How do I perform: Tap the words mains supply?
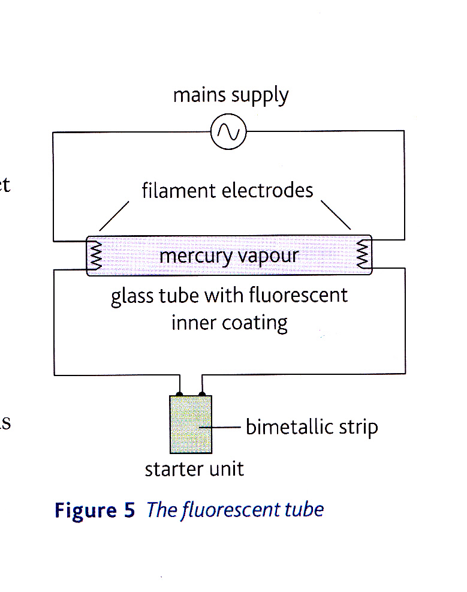click(231, 96)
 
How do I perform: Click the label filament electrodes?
click(227, 191)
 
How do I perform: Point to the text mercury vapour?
click(228, 256)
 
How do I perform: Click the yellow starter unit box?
click(191, 424)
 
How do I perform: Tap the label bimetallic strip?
click(312, 427)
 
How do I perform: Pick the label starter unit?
click(194, 468)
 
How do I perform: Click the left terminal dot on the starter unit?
click(179, 394)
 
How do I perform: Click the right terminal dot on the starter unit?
click(202, 394)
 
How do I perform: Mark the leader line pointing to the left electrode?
click(114, 216)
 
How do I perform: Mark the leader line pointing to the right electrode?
click(336, 215)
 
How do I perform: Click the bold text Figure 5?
click(95, 510)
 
